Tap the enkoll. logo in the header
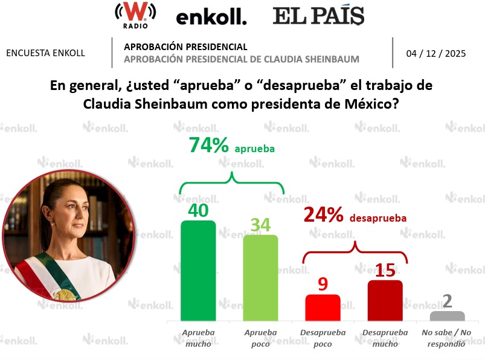(x=211, y=18)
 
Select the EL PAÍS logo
(x=318, y=16)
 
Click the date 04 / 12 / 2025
(x=435, y=53)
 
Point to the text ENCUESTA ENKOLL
(x=45, y=53)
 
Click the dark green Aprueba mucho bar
(x=198, y=271)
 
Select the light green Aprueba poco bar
(x=260, y=278)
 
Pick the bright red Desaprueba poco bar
(x=323, y=307)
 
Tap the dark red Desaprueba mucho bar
(x=385, y=300)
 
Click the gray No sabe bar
(x=447, y=316)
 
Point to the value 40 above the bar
(x=198, y=210)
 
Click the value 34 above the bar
(x=260, y=224)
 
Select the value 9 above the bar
(x=323, y=284)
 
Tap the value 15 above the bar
(x=385, y=270)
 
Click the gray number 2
(x=447, y=301)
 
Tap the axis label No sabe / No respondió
(x=447, y=338)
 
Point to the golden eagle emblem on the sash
(x=65, y=294)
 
